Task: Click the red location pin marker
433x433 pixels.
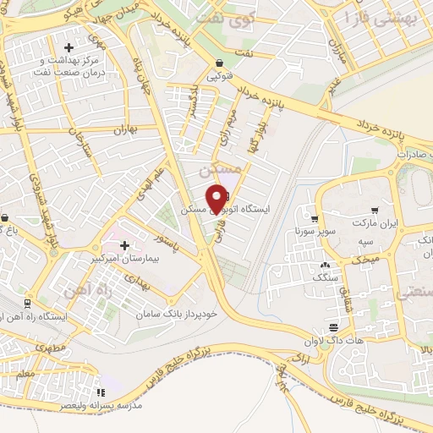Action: pos(218,196)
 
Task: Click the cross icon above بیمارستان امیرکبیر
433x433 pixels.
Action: pos(125,245)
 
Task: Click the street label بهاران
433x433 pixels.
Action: pos(124,130)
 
